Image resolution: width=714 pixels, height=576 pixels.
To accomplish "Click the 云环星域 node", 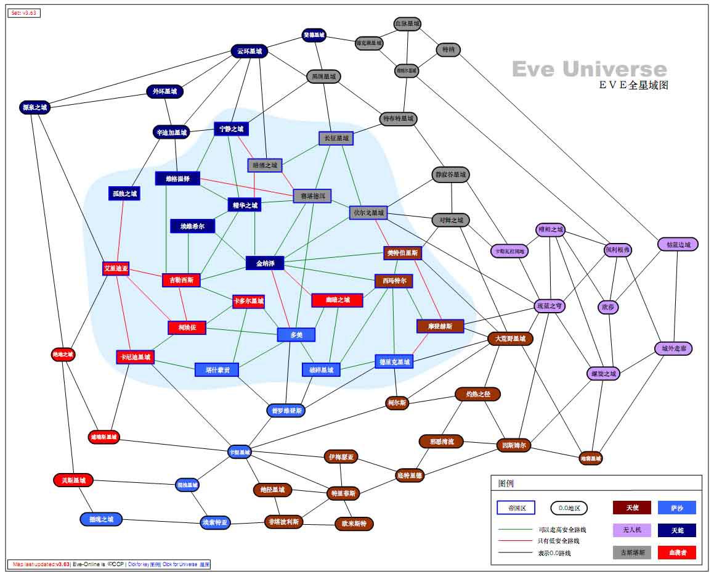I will pyautogui.click(x=249, y=51).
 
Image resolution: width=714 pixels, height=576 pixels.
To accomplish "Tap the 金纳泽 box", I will pyautogui.click(x=265, y=263).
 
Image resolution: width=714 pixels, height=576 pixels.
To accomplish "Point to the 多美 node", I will pyautogui.click(x=296, y=335).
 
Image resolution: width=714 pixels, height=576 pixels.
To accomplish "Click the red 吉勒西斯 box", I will pyautogui.click(x=182, y=280).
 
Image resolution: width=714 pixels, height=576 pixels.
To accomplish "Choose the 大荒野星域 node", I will pyautogui.click(x=510, y=339).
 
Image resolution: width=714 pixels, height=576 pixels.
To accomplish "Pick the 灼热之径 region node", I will pyautogui.click(x=477, y=393).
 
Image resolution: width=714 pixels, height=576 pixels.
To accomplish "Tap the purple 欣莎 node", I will pyautogui.click(x=607, y=307).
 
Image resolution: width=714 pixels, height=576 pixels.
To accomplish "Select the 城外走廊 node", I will pyautogui.click(x=673, y=348).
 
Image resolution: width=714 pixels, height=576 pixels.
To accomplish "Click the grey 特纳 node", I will pyautogui.click(x=448, y=50).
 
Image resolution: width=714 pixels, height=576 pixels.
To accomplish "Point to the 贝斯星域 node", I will pyautogui.click(x=73, y=480).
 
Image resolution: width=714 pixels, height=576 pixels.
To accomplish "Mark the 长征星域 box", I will pyautogui.click(x=336, y=138).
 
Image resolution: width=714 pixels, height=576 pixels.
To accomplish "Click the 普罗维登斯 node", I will pyautogui.click(x=285, y=409).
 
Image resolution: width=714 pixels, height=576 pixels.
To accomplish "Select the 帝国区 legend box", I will pyautogui.click(x=516, y=508).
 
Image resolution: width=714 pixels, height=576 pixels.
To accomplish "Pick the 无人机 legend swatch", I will pyautogui.click(x=631, y=530).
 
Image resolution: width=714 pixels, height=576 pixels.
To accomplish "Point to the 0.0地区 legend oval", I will pyautogui.click(x=569, y=508).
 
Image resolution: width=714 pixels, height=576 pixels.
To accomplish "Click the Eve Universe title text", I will pyautogui.click(x=589, y=69).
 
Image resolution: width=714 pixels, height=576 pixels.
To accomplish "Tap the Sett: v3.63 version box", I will pyautogui.click(x=24, y=13).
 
